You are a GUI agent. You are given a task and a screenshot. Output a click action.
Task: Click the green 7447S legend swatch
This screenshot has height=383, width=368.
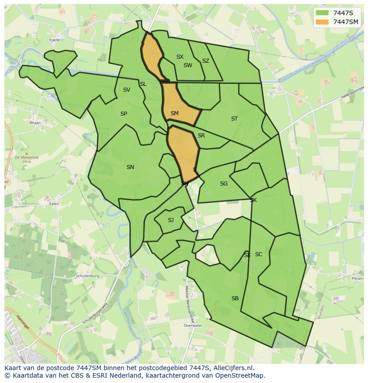click(x=322, y=12)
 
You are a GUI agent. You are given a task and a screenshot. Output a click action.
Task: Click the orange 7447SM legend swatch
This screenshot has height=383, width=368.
click(x=322, y=21)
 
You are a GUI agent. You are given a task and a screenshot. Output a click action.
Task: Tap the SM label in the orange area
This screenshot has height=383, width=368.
click(x=174, y=113)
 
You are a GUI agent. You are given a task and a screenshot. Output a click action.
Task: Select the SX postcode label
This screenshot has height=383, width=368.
click(x=180, y=57)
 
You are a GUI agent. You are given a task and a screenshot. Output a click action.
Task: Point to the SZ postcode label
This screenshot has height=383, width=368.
click(x=205, y=61)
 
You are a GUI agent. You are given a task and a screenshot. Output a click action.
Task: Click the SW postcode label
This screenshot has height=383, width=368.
click(x=188, y=65)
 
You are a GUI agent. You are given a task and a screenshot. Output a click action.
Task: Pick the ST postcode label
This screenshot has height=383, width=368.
click(x=234, y=119)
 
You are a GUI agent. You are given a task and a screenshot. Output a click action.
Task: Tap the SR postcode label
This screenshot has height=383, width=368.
click(x=201, y=136)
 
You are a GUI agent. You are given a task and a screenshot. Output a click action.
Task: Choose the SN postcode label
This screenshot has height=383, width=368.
click(x=130, y=167)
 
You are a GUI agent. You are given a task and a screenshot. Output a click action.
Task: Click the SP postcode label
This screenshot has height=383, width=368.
click(x=124, y=114)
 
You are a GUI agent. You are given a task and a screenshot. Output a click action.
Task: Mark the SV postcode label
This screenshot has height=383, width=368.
click(x=126, y=90)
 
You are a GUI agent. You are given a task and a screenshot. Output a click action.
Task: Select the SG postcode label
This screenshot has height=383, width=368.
click(x=224, y=184)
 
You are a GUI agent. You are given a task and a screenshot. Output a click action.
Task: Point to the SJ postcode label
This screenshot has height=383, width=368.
click(x=171, y=220)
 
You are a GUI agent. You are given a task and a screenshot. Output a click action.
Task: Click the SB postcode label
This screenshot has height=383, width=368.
click(x=235, y=298)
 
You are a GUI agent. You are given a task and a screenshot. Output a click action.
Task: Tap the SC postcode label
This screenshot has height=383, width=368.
click(x=259, y=254)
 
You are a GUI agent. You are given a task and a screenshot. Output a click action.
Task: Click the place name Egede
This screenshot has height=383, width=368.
click(x=55, y=40)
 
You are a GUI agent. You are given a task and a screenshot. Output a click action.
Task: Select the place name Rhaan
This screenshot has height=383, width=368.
click(x=35, y=123)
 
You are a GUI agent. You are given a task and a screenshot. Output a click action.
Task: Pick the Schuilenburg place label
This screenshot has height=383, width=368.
click(x=87, y=276)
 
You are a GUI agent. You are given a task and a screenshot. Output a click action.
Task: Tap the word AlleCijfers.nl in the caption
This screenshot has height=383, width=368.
click(x=232, y=368)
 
